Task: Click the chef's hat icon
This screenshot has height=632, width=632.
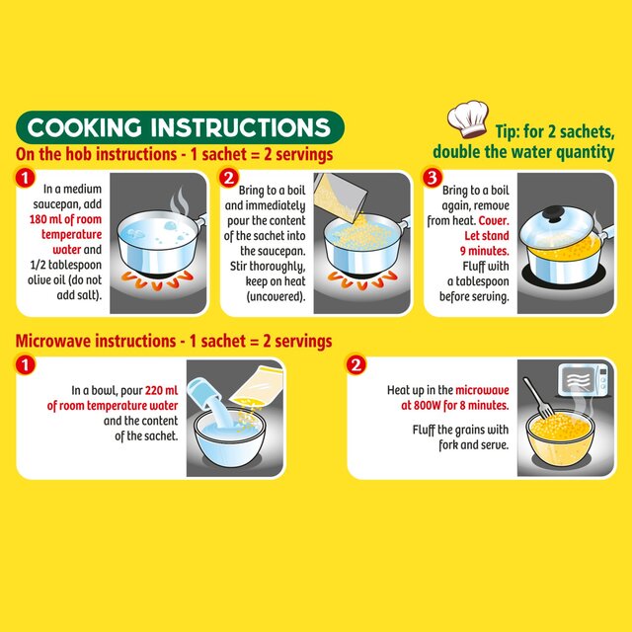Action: (x=467, y=118)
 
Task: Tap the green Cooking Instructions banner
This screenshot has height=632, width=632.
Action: (x=180, y=127)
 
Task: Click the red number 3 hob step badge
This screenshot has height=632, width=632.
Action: (x=433, y=178)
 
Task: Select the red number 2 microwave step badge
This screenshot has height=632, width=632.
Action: (x=355, y=364)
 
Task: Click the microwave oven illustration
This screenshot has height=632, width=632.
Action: (x=584, y=379)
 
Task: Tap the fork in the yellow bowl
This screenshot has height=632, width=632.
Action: (x=538, y=398)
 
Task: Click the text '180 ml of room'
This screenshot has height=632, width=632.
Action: (x=65, y=219)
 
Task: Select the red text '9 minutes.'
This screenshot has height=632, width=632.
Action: (x=485, y=251)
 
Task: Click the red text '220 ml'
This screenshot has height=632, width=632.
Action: (x=161, y=390)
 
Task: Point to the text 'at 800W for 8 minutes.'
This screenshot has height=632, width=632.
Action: (x=454, y=405)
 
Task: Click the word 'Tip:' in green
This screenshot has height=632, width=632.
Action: (x=508, y=131)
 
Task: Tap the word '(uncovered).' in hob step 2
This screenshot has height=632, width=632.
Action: (x=276, y=296)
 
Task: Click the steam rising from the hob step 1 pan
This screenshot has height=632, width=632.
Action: (x=180, y=200)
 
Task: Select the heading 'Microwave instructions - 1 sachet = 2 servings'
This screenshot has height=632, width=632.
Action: (x=174, y=341)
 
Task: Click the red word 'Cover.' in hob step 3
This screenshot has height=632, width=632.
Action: (x=494, y=221)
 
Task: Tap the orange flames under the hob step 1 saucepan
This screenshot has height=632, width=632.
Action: (x=158, y=279)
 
